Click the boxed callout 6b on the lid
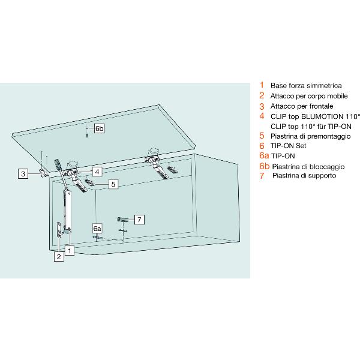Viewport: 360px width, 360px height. point(99,129)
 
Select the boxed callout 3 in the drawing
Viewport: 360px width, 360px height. point(23,174)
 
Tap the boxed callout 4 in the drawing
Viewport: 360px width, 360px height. point(97,171)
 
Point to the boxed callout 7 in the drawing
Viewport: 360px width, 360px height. point(139,220)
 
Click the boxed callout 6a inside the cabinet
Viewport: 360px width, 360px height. point(97,229)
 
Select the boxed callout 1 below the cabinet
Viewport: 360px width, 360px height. point(70,250)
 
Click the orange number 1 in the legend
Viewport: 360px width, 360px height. point(262,85)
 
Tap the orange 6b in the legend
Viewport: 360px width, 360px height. point(263,166)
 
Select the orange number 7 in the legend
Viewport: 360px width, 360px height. point(262,176)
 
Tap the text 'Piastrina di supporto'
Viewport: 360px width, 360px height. point(304,176)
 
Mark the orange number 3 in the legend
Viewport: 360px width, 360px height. point(262,106)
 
